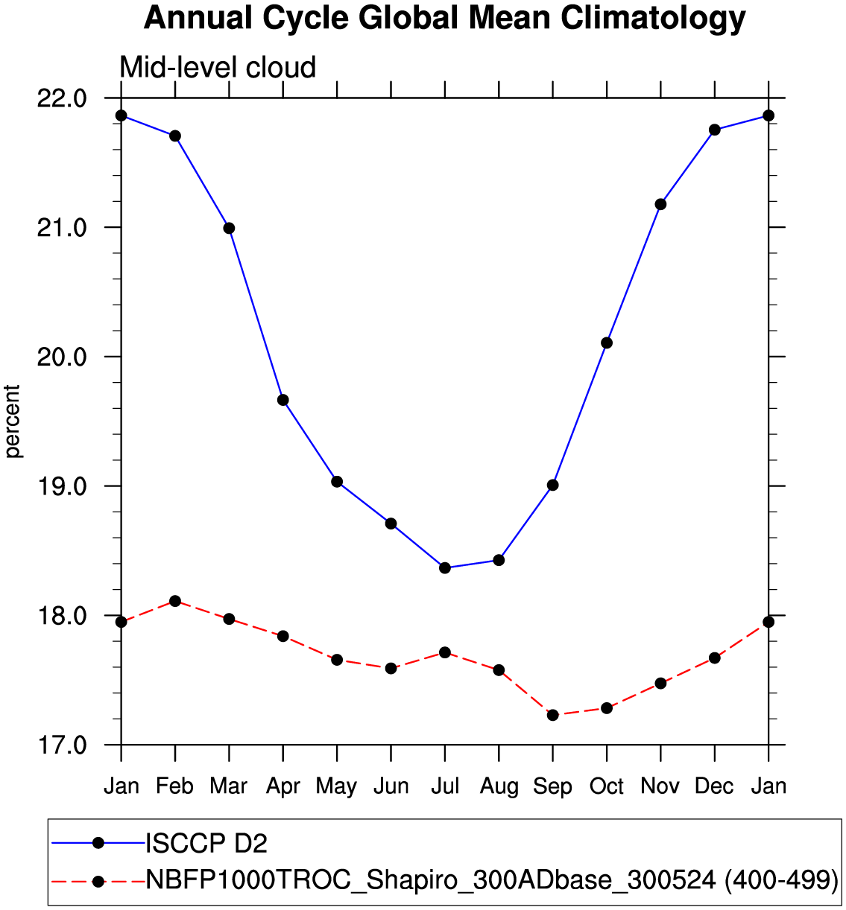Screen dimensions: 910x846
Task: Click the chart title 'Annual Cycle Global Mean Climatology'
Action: pos(444,18)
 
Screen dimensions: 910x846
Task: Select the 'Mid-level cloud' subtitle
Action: pos(218,68)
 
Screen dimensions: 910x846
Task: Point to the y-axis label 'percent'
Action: pos(13,421)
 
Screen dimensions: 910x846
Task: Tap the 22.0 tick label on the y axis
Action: pos(61,98)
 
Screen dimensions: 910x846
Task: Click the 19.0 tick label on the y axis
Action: pos(61,486)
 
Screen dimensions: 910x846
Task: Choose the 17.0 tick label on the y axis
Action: pos(61,745)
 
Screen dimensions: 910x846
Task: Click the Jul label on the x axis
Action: pos(445,786)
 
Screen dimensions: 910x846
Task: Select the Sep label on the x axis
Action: pos(552,786)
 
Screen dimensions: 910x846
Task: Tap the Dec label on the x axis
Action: pos(714,786)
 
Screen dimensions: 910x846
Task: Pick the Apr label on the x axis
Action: pos(283,786)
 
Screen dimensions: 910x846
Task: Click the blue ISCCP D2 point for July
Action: pos(445,567)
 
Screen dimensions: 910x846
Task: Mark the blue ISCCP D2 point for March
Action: pos(229,228)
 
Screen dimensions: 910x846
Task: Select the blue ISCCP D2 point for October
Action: pos(607,343)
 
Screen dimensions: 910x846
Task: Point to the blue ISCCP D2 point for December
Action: pos(714,130)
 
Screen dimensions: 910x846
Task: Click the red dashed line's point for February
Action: pos(175,601)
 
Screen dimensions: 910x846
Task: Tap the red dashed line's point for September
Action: pos(552,715)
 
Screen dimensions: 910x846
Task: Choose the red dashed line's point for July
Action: pos(445,652)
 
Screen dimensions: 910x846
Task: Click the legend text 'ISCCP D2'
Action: pos(206,844)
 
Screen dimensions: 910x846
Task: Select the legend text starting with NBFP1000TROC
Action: pos(492,880)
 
